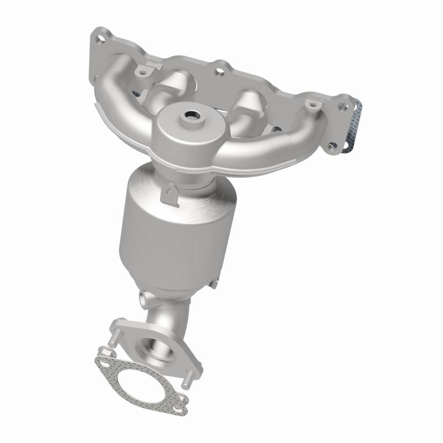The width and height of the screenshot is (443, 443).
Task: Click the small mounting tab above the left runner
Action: click(x=143, y=71)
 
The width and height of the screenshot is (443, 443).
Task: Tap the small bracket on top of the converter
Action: click(x=167, y=194)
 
